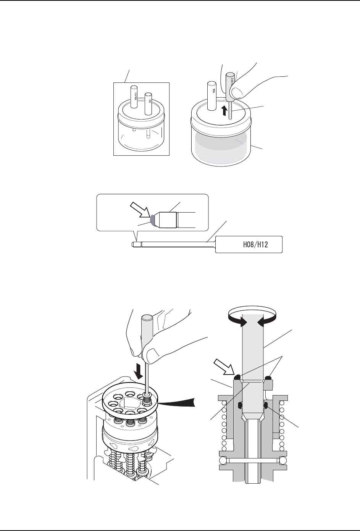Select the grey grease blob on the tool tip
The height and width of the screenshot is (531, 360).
coord(153,220)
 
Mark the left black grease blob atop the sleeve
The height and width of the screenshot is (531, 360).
coord(237,377)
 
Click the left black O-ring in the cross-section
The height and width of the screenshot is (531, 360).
coord(240,404)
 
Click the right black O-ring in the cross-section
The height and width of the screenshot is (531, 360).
coord(266,404)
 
